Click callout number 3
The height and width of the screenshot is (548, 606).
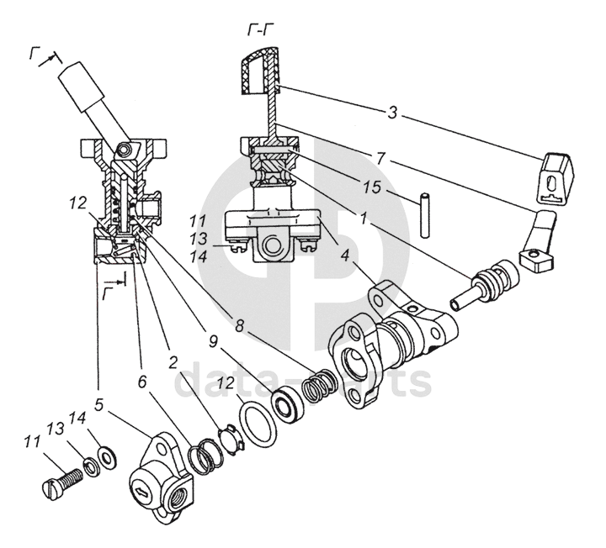[392, 113]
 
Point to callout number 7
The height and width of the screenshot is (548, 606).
[381, 157]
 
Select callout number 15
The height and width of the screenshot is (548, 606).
[372, 187]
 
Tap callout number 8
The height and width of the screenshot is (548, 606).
[240, 326]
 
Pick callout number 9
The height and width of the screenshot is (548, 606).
[213, 341]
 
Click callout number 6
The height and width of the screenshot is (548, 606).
[142, 382]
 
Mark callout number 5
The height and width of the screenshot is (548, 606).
[99, 405]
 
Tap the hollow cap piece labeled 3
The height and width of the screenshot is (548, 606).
[554, 177]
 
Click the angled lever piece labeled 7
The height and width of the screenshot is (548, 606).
[537, 240]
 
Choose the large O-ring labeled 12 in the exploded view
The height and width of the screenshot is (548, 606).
[258, 424]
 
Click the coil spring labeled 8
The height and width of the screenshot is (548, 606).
[319, 385]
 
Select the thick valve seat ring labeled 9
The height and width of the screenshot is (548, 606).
[289, 404]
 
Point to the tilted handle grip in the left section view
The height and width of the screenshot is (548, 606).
[80, 87]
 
